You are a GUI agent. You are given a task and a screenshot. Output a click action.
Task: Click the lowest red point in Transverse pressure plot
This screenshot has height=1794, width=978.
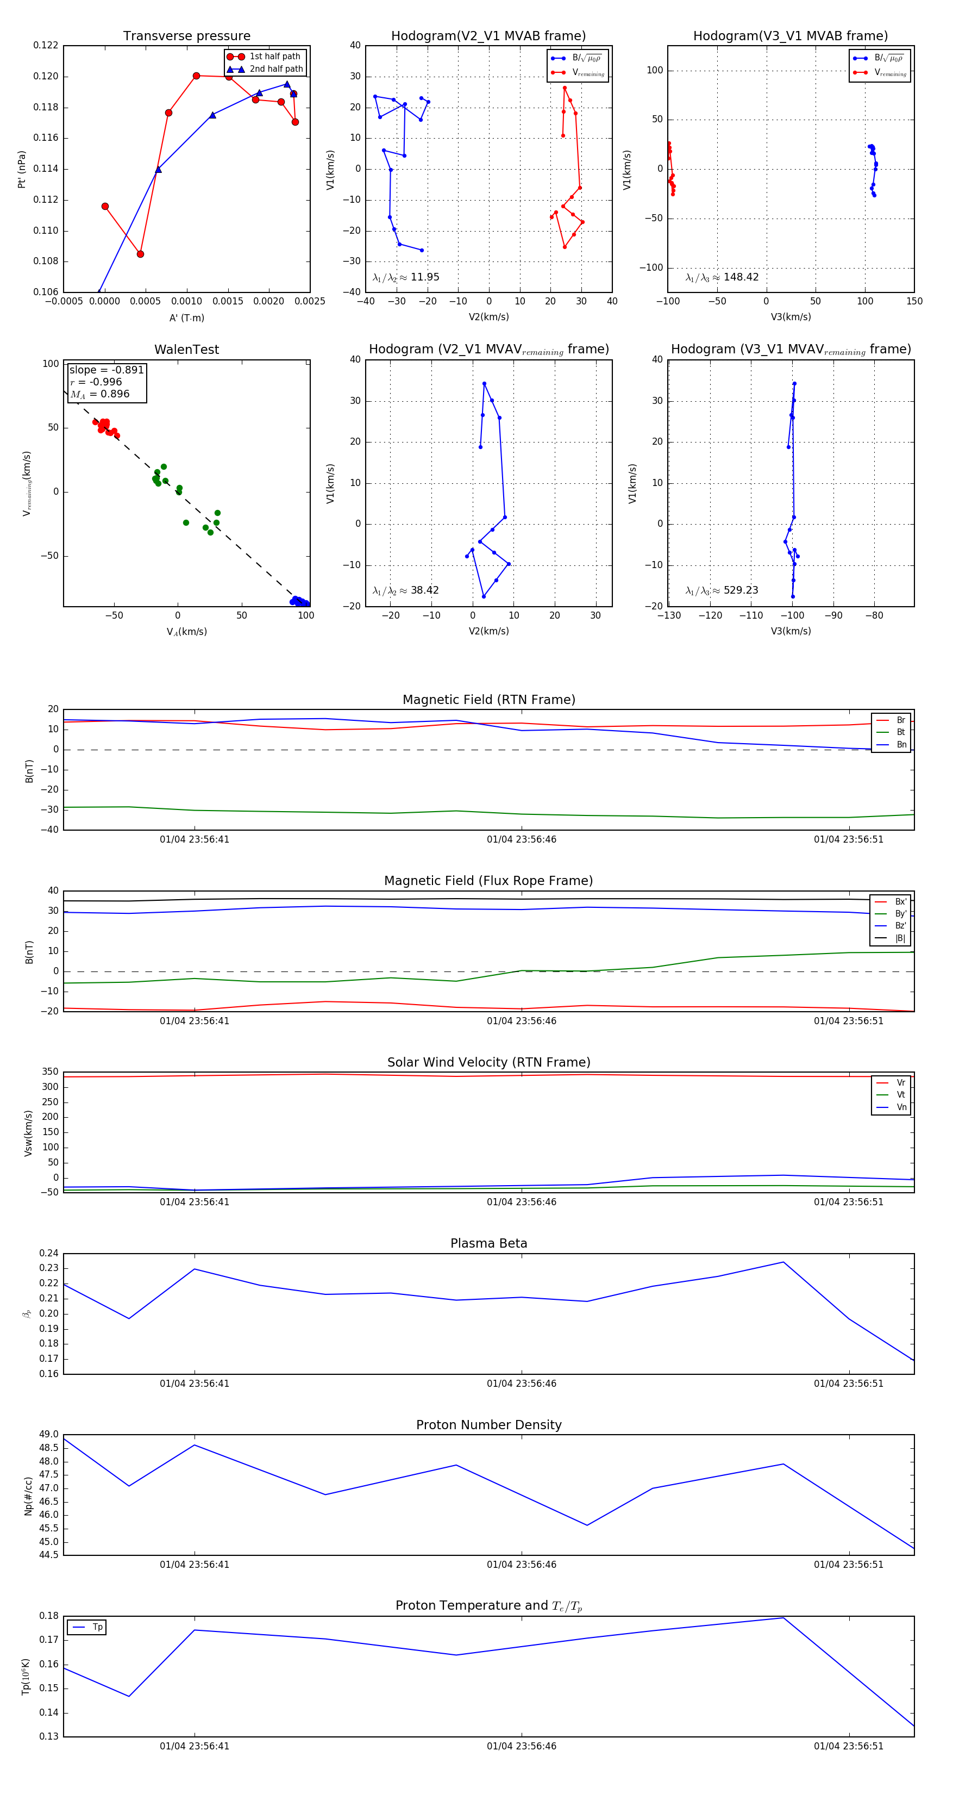[x=140, y=254]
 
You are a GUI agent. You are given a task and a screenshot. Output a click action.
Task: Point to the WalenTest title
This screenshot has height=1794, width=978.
[x=186, y=350]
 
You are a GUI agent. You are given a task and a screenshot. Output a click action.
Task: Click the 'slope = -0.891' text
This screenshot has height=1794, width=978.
[x=106, y=370]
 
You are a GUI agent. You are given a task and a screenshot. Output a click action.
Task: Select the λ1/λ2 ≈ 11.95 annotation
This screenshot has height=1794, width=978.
[x=406, y=277]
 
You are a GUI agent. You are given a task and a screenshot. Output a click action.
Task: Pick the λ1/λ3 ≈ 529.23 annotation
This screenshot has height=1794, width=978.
[x=722, y=590]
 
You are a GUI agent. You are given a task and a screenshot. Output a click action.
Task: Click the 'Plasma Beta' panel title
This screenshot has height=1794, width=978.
[x=488, y=1244]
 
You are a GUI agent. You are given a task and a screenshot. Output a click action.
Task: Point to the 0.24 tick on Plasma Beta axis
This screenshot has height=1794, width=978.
[x=49, y=1254]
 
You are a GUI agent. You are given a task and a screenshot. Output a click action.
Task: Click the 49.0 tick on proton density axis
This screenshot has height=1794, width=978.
[x=49, y=1435]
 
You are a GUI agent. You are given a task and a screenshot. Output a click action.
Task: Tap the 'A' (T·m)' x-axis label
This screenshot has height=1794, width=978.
[x=186, y=318]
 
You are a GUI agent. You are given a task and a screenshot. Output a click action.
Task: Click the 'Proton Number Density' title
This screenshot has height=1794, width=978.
[x=488, y=1425]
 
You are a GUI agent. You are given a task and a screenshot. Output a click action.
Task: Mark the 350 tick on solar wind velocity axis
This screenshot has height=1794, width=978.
[x=50, y=1072]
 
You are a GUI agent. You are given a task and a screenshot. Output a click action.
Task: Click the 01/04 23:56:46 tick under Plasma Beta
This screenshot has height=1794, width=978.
[x=522, y=1384]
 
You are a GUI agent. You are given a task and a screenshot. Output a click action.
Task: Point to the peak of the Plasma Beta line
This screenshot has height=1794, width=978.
[x=783, y=1262]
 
